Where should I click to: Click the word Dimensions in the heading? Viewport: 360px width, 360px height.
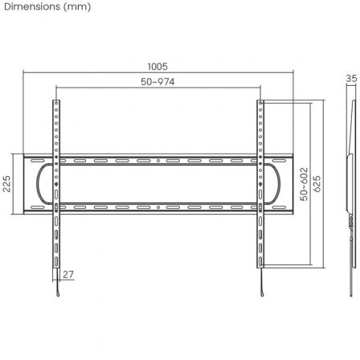pos(31,7)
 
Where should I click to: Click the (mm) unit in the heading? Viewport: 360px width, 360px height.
pos(77,7)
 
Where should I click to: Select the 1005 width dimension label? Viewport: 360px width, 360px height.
pos(157,67)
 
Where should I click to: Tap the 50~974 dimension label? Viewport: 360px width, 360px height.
pos(157,82)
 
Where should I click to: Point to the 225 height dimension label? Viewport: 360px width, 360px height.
pos(6,185)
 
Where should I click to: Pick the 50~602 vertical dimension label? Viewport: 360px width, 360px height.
pos(304,184)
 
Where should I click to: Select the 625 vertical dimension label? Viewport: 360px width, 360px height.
pos(317,184)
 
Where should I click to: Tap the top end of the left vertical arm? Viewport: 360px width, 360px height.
pos(55,102)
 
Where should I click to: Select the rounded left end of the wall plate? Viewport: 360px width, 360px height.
pos(34,184)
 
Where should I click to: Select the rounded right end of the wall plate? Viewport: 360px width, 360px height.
pos(281,184)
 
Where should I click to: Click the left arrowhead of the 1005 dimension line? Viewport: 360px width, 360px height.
pos(24,73)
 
